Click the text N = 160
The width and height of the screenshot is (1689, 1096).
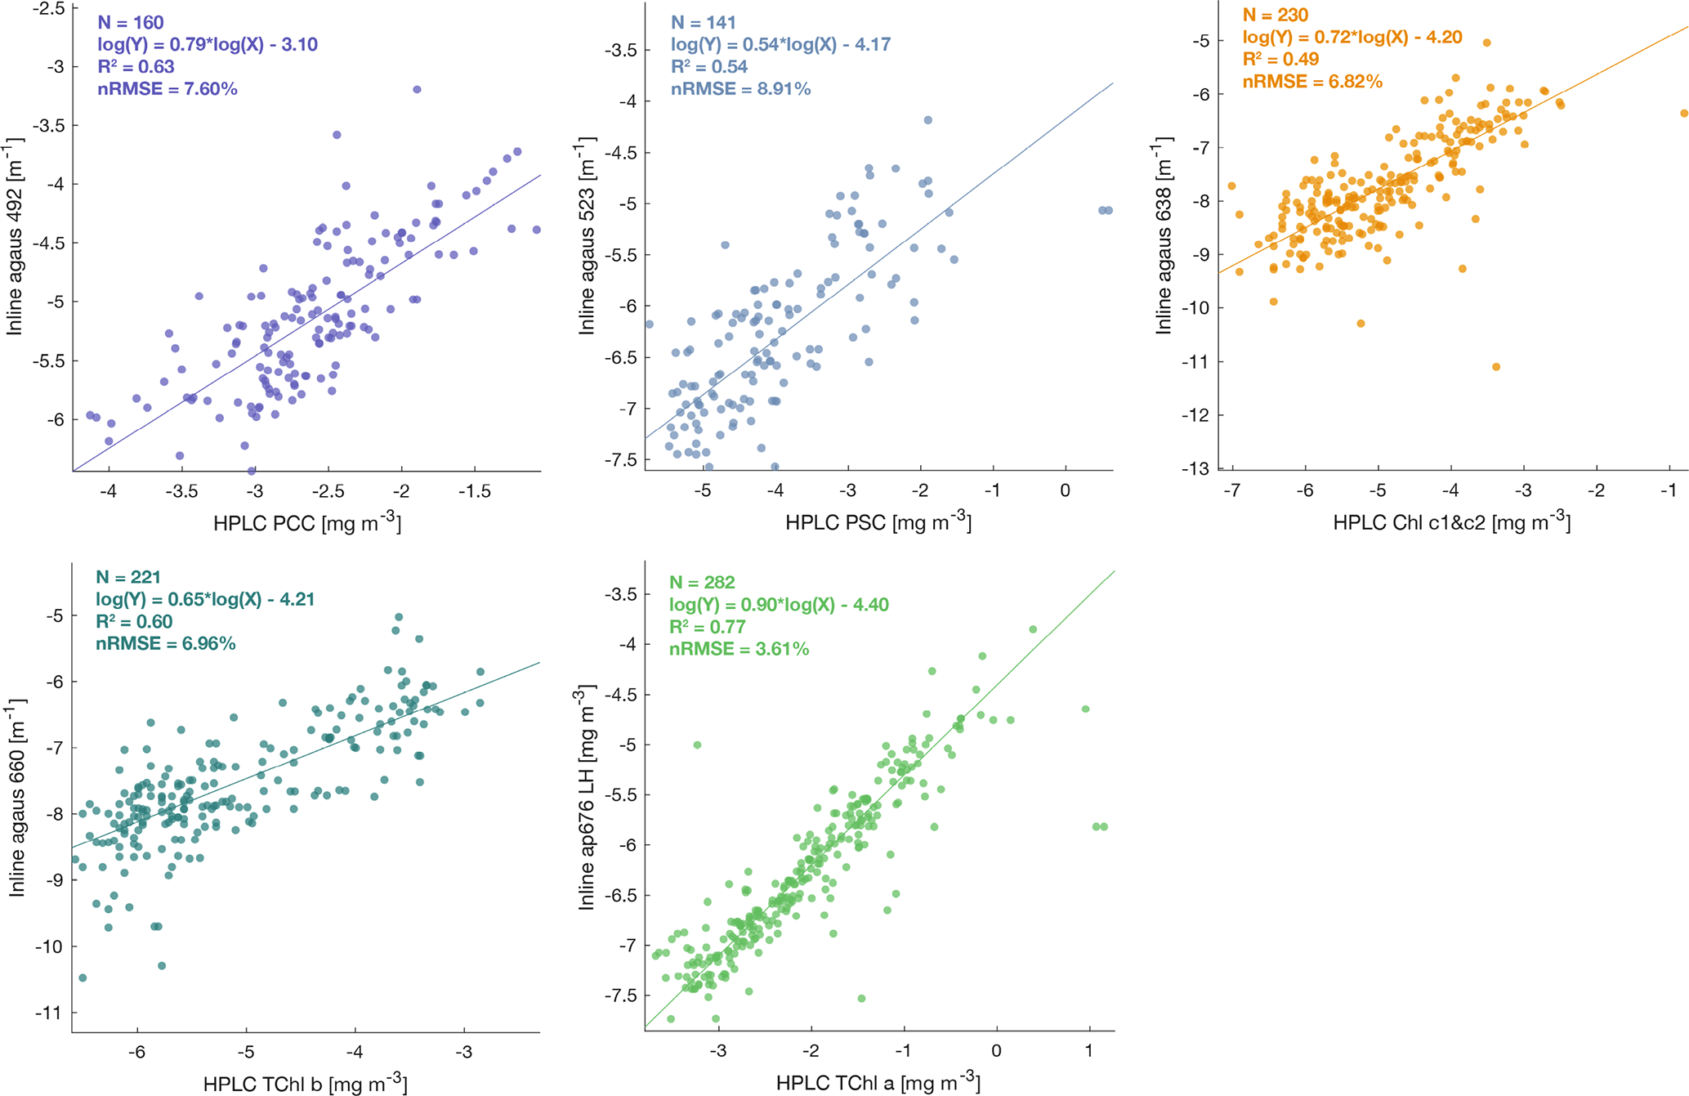pyautogui.click(x=131, y=22)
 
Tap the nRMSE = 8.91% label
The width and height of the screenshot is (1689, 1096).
pyautogui.click(x=740, y=88)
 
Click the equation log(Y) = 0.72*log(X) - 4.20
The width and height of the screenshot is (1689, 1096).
pyautogui.click(x=1352, y=37)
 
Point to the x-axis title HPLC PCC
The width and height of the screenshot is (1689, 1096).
pyautogui.click(x=307, y=522)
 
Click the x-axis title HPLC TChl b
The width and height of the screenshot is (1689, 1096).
pyautogui.click(x=305, y=1084)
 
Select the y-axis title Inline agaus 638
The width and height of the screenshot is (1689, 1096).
pyautogui.click(x=1164, y=238)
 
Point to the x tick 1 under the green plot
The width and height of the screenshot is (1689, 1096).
pyautogui.click(x=1089, y=1050)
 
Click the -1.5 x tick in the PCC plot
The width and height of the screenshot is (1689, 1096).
pyautogui.click(x=474, y=491)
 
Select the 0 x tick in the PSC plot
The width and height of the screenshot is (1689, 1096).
pyautogui.click(x=1066, y=490)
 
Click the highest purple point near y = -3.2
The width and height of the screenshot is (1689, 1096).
pyautogui.click(x=417, y=90)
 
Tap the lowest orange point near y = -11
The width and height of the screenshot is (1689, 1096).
pyautogui.click(x=1496, y=367)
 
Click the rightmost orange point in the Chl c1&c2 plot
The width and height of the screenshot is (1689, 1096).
pyautogui.click(x=1684, y=114)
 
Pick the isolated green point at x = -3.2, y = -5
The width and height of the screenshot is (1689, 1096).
pyautogui.click(x=697, y=745)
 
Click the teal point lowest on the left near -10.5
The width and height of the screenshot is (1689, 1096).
pyautogui.click(x=83, y=977)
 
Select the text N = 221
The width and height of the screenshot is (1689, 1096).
pyautogui.click(x=128, y=577)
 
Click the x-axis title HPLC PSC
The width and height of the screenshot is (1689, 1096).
pyautogui.click(x=878, y=522)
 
